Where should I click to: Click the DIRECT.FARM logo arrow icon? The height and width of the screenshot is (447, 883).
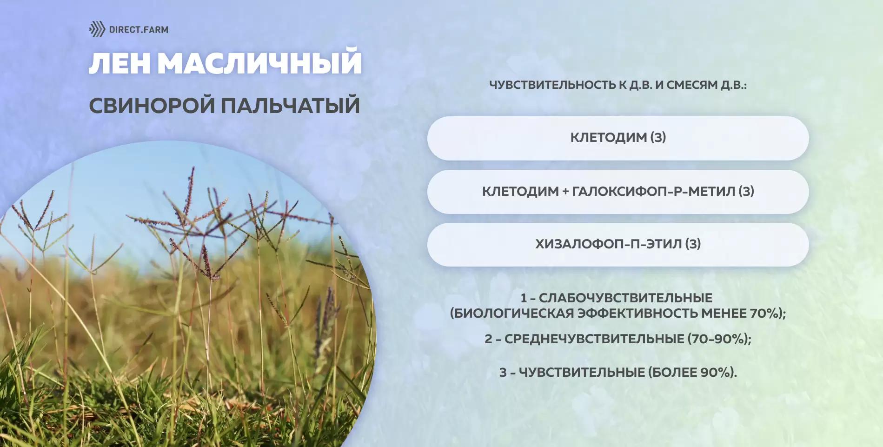click(97, 29)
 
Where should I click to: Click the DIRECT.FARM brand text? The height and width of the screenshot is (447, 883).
click(139, 30)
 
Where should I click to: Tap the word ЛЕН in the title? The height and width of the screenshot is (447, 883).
click(119, 63)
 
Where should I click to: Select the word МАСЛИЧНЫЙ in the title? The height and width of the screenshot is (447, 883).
click(259, 63)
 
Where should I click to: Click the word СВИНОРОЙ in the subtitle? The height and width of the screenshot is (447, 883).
click(152, 106)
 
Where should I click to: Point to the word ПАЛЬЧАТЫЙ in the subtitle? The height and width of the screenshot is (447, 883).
click(290, 106)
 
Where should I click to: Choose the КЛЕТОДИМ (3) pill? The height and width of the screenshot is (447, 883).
click(618, 138)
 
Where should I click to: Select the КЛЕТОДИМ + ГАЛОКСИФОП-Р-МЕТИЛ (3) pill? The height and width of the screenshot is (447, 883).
click(618, 191)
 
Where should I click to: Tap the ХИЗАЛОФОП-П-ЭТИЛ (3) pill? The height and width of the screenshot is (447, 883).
click(618, 244)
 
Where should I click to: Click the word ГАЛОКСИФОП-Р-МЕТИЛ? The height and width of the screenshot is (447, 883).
click(653, 191)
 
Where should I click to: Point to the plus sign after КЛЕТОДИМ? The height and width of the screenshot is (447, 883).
click(565, 192)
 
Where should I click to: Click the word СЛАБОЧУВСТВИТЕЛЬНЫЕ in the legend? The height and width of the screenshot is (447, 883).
click(625, 298)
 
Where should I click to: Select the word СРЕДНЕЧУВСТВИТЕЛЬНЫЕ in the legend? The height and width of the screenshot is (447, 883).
click(594, 339)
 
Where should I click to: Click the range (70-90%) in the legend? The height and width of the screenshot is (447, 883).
click(719, 339)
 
